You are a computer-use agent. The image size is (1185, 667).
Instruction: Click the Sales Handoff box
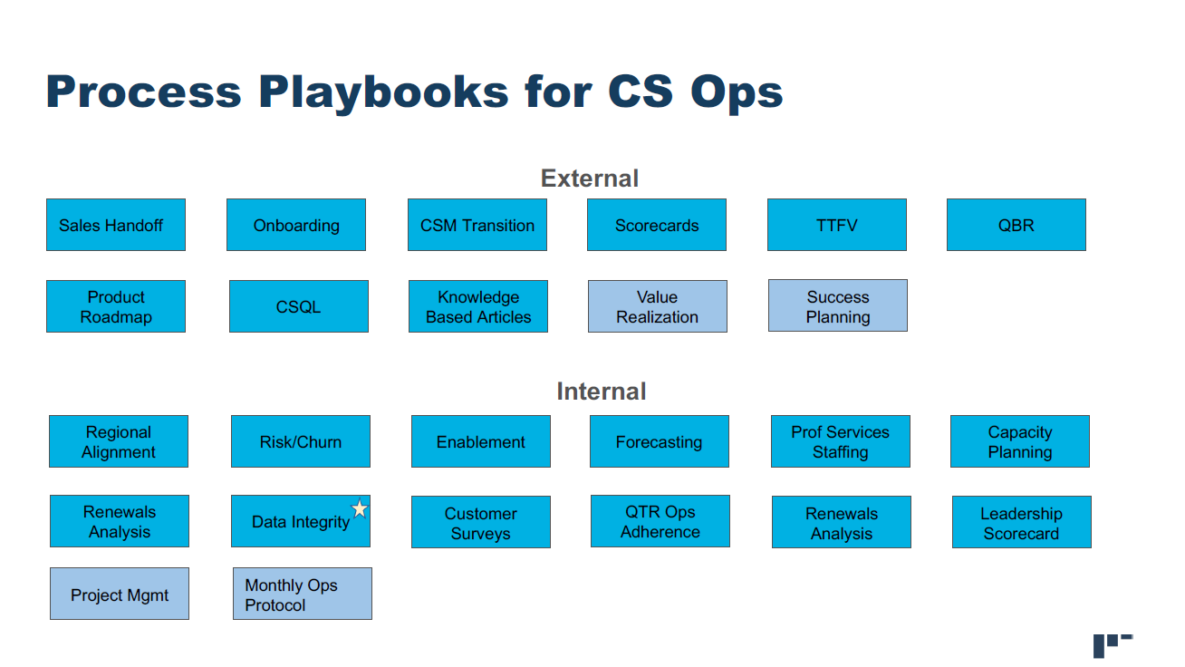[x=116, y=225]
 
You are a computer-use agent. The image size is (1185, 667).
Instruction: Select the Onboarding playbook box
[x=296, y=225]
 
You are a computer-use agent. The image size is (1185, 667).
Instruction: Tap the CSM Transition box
[x=477, y=225]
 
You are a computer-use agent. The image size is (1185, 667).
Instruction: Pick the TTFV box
[x=837, y=225]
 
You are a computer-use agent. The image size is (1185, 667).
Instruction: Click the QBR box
[x=1016, y=225]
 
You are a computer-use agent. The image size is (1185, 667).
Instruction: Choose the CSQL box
[x=299, y=306]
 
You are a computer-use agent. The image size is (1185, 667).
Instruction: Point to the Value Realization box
[x=658, y=306]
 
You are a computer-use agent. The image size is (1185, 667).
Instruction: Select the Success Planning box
[x=838, y=305]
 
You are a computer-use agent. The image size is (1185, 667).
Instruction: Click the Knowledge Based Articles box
[x=478, y=306]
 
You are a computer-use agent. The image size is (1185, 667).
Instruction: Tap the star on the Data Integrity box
[x=360, y=508]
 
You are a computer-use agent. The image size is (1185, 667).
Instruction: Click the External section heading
[x=589, y=179]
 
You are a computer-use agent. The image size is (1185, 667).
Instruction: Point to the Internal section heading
[x=601, y=391]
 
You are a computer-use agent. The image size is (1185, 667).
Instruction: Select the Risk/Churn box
[x=301, y=441]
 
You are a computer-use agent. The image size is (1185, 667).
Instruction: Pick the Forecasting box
[x=660, y=441]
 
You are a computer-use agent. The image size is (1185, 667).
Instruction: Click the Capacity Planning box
[x=1020, y=441]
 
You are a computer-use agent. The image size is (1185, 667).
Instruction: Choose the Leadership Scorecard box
[x=1022, y=522]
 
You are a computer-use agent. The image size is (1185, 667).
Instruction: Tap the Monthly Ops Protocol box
[x=303, y=594]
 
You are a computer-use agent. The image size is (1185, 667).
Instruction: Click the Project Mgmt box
[x=120, y=594]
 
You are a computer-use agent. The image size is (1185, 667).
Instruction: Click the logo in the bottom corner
[x=1113, y=645]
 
